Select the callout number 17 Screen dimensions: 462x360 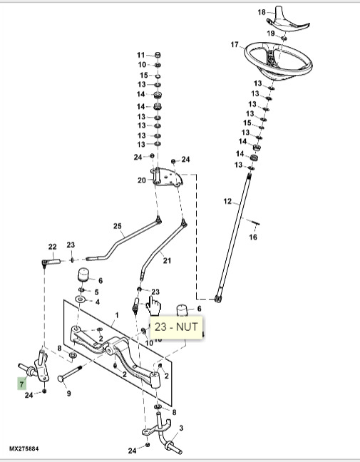coord(234,45)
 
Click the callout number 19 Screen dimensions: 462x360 coord(272,34)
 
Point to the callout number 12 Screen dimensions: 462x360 coord(227,202)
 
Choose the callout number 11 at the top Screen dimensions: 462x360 coord(140,55)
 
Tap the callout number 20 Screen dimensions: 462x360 coord(141,180)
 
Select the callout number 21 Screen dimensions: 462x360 coord(167,261)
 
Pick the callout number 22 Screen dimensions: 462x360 coord(51,247)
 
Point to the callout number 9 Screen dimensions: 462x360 coord(68,393)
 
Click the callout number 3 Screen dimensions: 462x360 coord(181,428)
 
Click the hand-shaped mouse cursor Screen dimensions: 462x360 coord(153,305)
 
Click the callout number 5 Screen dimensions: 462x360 coord(97,292)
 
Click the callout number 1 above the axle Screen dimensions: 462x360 coord(116,314)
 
